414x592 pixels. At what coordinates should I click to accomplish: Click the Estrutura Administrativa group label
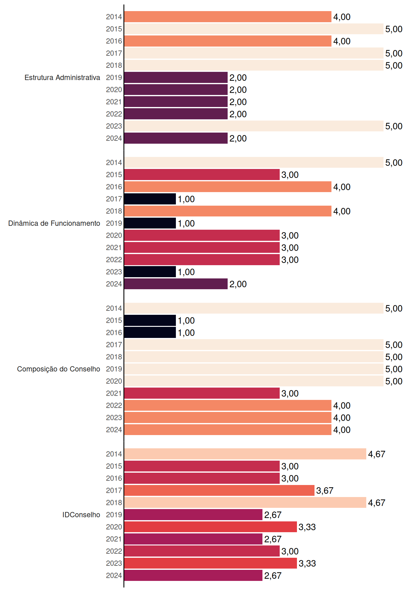[x=62, y=77]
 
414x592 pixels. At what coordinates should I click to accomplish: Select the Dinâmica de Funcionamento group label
[x=54, y=223]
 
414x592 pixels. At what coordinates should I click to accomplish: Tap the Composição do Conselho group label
[x=59, y=369]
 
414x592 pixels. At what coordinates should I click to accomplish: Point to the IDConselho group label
[x=81, y=515]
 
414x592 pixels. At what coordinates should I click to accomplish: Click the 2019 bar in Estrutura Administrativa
[x=176, y=77]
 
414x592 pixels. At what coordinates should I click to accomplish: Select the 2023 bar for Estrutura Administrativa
[x=254, y=126]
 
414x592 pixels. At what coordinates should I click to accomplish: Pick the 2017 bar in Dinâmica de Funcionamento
[x=150, y=199]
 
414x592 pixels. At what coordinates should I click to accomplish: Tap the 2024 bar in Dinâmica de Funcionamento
[x=176, y=284]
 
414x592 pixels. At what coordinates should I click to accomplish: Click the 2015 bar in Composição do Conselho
[x=150, y=320]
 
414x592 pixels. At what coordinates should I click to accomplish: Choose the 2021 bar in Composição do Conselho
[x=202, y=393]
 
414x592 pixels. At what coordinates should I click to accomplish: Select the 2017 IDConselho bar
[x=219, y=490]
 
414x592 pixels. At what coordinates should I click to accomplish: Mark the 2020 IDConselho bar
[x=210, y=527]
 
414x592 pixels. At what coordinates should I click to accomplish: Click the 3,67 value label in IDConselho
[x=325, y=491]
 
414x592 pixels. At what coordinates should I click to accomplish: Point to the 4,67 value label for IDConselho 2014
[x=377, y=454]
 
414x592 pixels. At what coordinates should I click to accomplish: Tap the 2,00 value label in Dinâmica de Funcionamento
[x=238, y=284]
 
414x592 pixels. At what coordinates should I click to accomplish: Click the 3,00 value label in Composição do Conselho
[x=290, y=393]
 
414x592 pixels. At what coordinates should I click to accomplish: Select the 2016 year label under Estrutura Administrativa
[x=114, y=41]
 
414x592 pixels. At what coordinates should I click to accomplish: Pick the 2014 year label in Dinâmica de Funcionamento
[x=114, y=162]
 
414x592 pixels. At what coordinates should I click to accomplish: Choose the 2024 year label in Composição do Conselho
[x=114, y=430]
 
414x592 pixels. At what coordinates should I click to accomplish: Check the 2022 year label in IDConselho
[x=114, y=551]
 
